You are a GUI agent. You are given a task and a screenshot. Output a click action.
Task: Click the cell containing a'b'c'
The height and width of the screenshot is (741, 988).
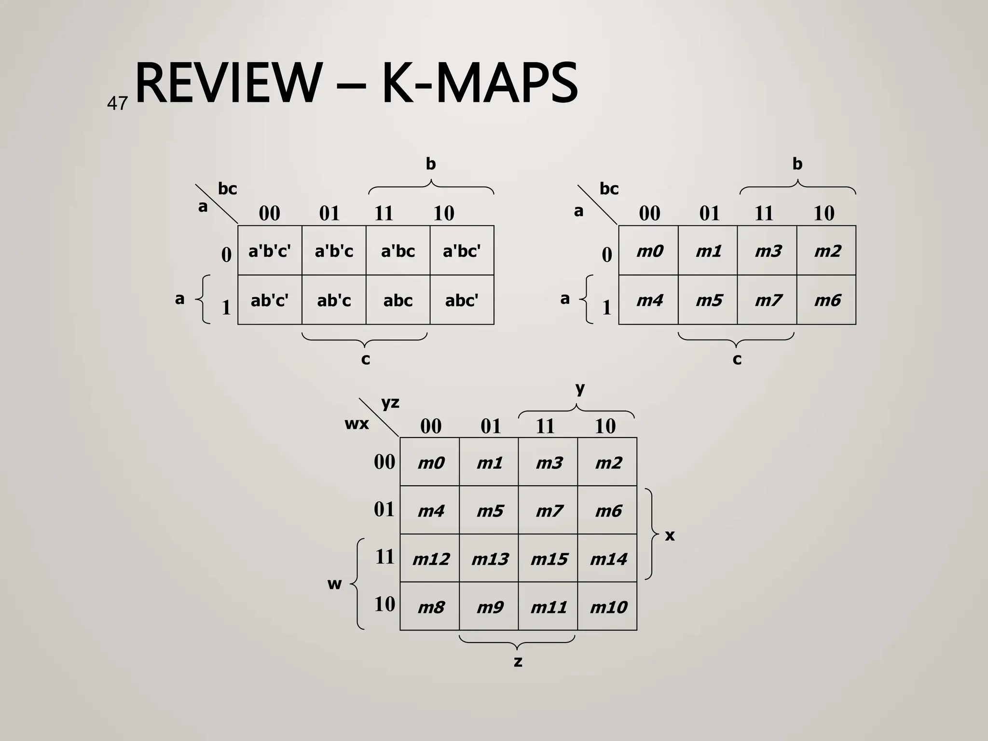tap(270, 251)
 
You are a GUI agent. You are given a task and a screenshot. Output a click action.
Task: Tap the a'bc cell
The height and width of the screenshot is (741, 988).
tap(398, 251)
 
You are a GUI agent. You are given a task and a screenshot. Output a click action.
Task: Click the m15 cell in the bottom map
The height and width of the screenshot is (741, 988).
tap(549, 559)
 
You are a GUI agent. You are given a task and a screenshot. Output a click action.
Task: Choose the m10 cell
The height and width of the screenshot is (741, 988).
tap(608, 607)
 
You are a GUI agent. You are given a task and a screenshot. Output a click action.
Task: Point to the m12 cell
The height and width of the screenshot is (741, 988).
tap(430, 559)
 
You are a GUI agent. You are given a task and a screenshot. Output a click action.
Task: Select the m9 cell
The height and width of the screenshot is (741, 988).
tap(490, 607)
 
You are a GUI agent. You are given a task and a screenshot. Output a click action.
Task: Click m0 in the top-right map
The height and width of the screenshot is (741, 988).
tap(649, 251)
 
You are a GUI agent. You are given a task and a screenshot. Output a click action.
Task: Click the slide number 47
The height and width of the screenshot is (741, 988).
tap(117, 103)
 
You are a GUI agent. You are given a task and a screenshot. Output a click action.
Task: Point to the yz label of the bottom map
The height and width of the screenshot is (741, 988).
tap(390, 402)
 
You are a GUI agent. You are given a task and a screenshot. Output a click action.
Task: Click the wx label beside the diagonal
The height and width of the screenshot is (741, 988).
tap(357, 424)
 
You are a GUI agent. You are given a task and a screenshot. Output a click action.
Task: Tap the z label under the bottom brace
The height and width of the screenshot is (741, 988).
tap(518, 661)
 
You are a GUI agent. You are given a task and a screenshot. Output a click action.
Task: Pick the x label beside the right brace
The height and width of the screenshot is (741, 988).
tap(670, 535)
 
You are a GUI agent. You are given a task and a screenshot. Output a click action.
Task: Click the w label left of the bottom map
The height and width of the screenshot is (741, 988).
tap(334, 584)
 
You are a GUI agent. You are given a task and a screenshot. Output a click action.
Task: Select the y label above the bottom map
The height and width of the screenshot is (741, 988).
tap(580, 388)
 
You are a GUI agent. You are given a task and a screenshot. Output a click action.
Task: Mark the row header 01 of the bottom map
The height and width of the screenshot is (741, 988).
tap(384, 509)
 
